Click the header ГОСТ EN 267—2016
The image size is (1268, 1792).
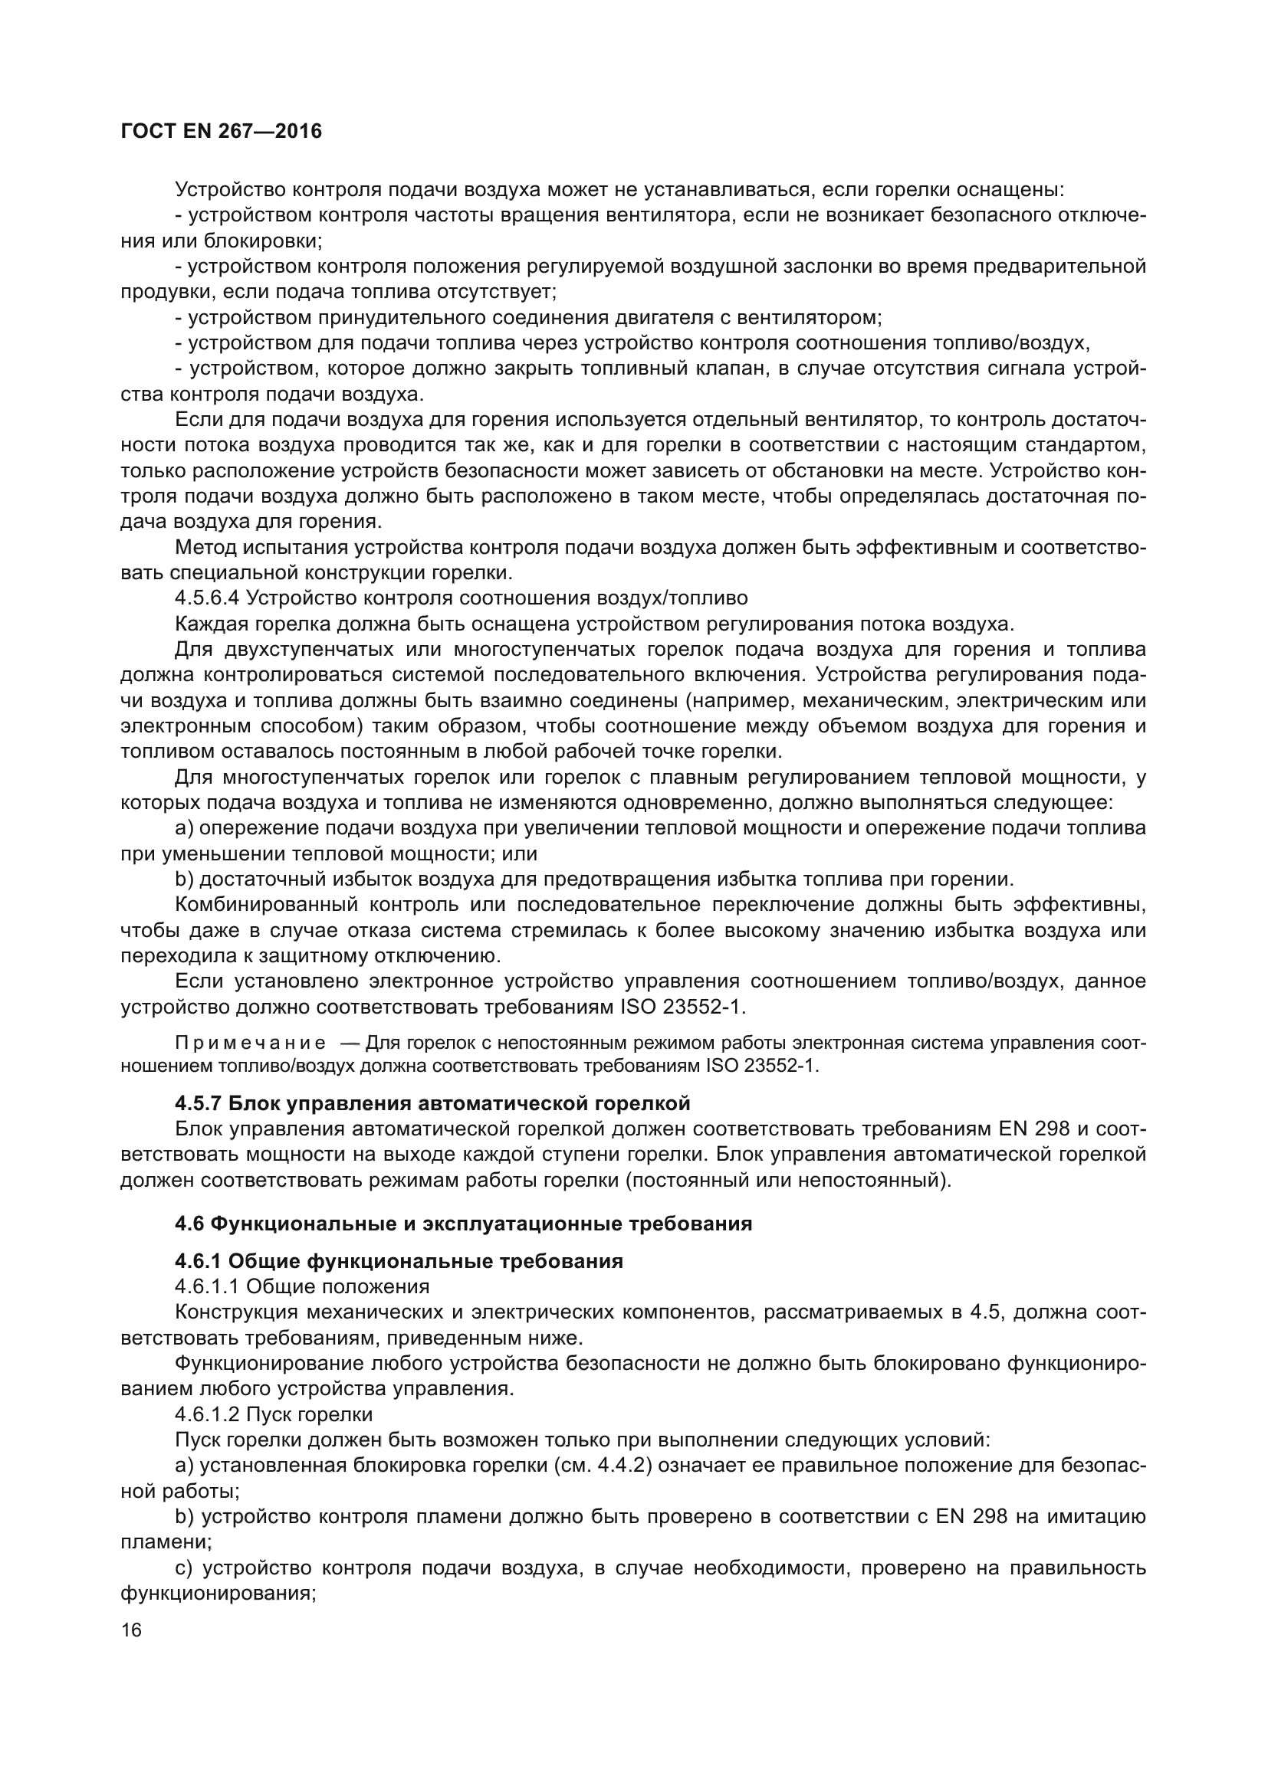point(221,131)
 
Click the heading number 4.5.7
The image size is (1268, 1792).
point(199,1103)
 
